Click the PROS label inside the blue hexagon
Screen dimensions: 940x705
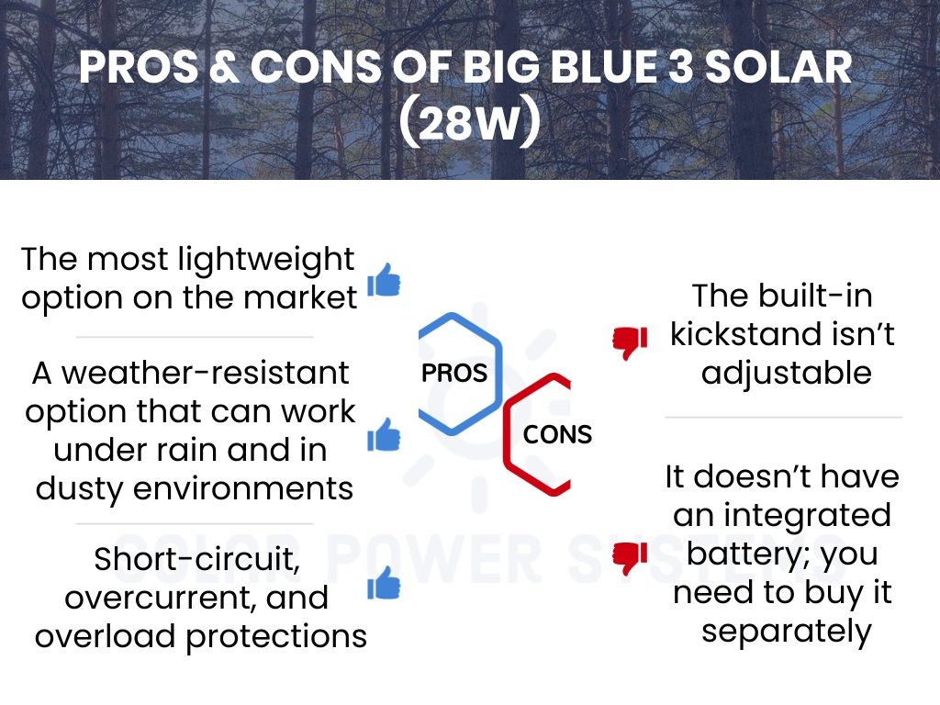coord(454,373)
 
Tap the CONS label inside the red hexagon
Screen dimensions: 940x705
coord(557,434)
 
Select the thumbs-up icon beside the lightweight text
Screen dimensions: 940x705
coord(384,279)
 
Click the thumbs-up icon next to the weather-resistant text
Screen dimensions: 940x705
coord(384,434)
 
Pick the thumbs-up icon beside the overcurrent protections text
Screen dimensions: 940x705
coord(384,583)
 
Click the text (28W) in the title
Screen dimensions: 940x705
coord(469,123)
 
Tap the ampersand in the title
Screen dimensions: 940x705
coord(225,66)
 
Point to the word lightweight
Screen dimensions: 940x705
coord(266,261)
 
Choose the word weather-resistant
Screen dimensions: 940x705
coord(206,373)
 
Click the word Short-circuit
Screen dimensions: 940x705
coord(197,559)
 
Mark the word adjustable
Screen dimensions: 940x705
coord(787,375)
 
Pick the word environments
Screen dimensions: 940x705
coord(242,488)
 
